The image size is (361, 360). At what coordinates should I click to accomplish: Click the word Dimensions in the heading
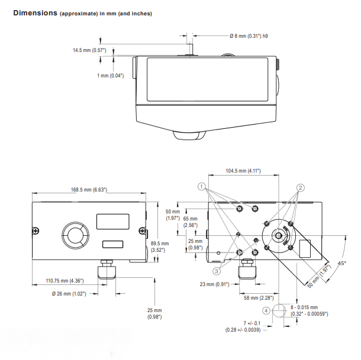click(34, 12)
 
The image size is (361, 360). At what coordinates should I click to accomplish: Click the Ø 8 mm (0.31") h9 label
click(252, 37)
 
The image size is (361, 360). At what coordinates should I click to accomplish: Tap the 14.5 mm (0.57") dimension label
click(89, 50)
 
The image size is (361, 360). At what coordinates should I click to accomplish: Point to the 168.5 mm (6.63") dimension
click(89, 189)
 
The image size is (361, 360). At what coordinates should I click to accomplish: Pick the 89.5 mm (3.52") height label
click(160, 247)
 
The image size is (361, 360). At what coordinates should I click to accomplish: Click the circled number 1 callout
click(202, 186)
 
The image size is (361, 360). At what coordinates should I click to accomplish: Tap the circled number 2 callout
click(301, 187)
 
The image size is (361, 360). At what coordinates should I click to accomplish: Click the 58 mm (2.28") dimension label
click(257, 298)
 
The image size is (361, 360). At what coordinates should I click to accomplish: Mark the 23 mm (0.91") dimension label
click(212, 284)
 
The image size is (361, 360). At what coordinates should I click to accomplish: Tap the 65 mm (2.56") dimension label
click(190, 222)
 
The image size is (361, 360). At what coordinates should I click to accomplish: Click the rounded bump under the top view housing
click(189, 135)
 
